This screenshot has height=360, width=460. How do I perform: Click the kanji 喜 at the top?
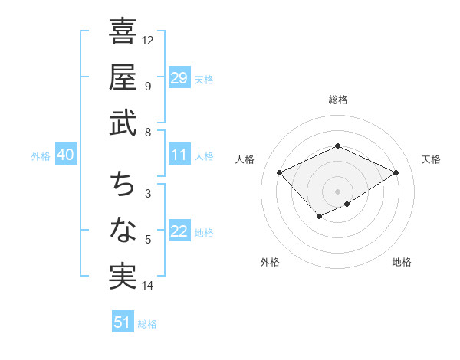123,32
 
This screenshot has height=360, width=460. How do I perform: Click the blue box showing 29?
179,78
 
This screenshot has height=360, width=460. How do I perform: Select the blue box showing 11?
179,155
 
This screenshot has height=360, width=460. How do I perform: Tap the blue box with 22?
179,232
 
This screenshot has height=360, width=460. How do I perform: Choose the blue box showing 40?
65,155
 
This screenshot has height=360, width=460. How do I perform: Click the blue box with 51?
123,322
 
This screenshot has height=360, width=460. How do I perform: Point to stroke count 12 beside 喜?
148,40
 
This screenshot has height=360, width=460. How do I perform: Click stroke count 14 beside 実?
148,286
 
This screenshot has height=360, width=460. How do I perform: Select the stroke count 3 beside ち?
147,195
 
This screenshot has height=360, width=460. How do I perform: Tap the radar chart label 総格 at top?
338,100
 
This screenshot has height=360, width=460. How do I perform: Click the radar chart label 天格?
431,159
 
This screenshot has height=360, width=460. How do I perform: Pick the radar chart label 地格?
402,262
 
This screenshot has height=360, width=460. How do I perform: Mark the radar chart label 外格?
270,262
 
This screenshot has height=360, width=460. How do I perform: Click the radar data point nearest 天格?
396,172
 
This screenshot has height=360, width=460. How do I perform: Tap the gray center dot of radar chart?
338,191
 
